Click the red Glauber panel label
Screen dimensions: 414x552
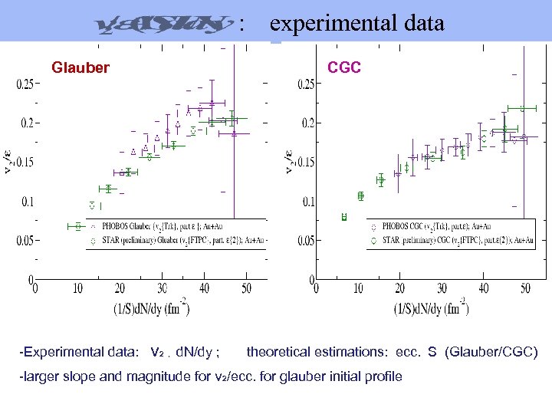pos(80,67)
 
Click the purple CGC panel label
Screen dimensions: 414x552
pos(344,67)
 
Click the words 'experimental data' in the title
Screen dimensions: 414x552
pos(357,24)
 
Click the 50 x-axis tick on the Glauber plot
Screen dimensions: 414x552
pos(245,289)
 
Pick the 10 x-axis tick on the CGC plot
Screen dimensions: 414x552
pos(357,289)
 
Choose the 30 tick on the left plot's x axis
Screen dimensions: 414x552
pos(161,289)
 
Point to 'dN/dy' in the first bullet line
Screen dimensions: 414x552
pos(195,353)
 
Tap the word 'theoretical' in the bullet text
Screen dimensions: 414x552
pos(279,353)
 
